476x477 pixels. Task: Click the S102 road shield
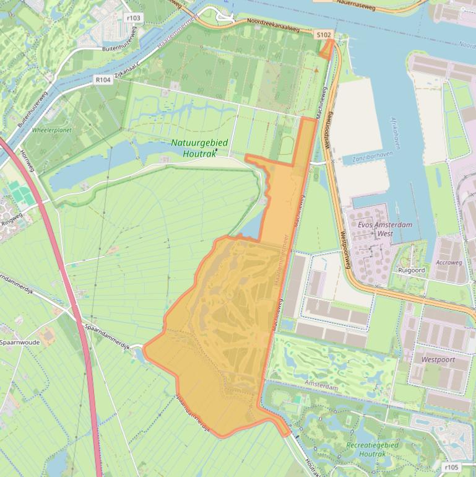(x=323, y=35)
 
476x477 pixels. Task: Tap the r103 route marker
(x=133, y=18)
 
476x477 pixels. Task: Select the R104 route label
(x=103, y=79)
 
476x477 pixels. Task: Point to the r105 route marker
(x=451, y=466)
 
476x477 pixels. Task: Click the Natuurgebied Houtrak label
(x=199, y=148)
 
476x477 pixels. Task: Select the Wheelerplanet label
(x=52, y=131)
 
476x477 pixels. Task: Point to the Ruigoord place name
(x=412, y=270)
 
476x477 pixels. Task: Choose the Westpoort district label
(x=438, y=359)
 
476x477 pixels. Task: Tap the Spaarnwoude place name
(x=20, y=342)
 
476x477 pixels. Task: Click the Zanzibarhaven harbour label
(x=373, y=159)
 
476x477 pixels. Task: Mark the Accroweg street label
(x=449, y=262)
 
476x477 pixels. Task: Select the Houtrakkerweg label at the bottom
(x=313, y=468)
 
